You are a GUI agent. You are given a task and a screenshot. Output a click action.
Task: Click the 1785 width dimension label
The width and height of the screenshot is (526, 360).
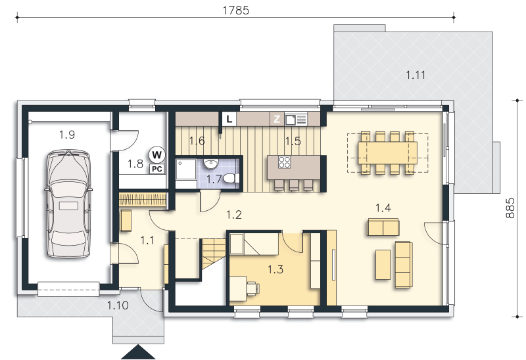point(236,11)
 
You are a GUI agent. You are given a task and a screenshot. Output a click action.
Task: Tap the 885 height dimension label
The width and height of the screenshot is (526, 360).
point(510,208)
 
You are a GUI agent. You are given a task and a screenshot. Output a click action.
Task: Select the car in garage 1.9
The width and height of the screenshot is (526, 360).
point(68,204)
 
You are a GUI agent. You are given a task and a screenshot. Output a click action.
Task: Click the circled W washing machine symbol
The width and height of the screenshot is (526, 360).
point(156,154)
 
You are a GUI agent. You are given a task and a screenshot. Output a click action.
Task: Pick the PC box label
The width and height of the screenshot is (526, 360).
point(157,169)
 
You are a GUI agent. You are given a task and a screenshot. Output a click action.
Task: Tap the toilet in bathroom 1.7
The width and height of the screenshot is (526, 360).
point(231,177)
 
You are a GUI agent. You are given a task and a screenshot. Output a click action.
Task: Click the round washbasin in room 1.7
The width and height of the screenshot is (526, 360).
point(210,164)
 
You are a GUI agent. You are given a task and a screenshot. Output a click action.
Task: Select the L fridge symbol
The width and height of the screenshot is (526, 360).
point(229,119)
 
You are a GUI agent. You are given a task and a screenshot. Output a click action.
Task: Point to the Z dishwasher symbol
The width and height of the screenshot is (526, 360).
point(277,119)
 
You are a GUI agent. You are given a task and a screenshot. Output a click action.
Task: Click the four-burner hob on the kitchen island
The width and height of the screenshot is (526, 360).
point(285,162)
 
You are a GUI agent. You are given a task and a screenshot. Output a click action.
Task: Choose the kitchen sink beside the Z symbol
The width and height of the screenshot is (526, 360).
point(295,120)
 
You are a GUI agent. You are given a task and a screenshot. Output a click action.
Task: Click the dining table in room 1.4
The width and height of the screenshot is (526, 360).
point(387,152)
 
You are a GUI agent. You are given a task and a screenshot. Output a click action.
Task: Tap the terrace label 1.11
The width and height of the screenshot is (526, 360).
point(416,75)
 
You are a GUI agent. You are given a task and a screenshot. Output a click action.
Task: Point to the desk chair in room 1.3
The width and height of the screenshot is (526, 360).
point(253,288)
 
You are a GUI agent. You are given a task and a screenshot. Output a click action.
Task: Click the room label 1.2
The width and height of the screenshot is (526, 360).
point(234,215)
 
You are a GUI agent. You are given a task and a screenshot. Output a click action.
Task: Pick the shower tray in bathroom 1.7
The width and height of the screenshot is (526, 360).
point(186,169)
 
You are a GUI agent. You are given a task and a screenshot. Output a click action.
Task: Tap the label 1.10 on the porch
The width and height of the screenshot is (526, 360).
point(118,305)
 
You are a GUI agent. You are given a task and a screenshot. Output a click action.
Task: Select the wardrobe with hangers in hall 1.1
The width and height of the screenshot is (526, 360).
point(143,200)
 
